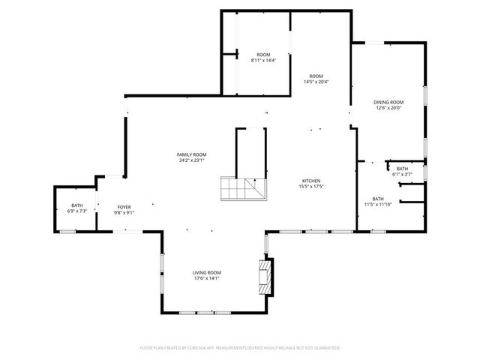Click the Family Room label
click(x=192, y=154)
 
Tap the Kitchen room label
click(x=311, y=181)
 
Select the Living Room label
click(x=206, y=272)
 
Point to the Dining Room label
click(x=388, y=102)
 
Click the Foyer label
click(x=124, y=206)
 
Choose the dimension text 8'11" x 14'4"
click(x=263, y=61)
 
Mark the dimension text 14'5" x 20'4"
click(x=316, y=82)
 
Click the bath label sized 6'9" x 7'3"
click(x=77, y=205)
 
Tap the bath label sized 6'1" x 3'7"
click(x=402, y=169)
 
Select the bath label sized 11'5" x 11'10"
click(x=377, y=199)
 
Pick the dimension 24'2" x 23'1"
click(x=192, y=160)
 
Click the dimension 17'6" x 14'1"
click(x=206, y=278)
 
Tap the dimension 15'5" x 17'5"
click(x=311, y=187)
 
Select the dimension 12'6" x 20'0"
click(x=388, y=108)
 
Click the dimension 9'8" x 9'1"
click(x=124, y=212)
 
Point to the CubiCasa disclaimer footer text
click(x=240, y=348)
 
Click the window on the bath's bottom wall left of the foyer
click(x=67, y=232)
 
